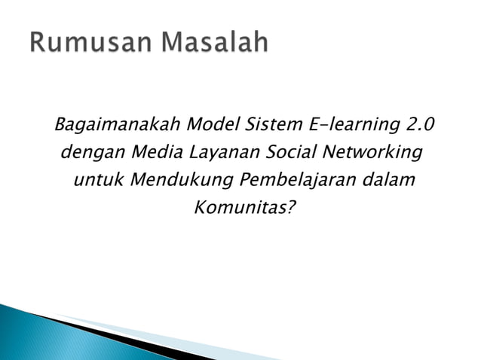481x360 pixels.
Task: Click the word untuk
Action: point(98,181)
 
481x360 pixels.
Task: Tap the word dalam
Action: point(390,181)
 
